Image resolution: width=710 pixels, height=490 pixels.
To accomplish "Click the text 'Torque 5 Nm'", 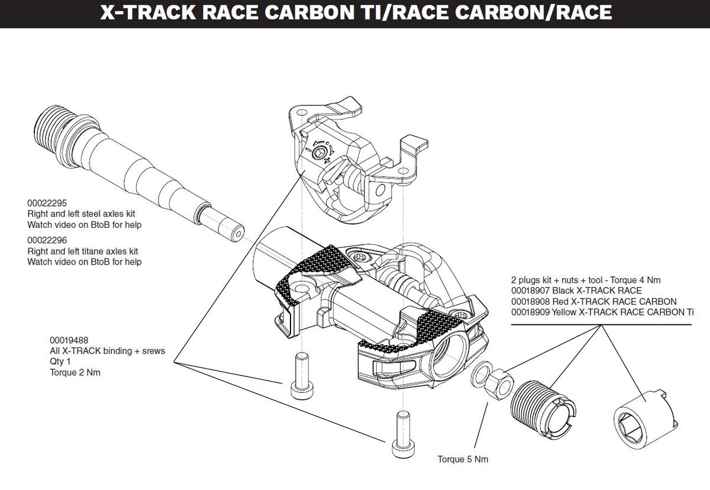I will (x=463, y=459).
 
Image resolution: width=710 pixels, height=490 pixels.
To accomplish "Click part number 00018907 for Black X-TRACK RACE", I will (x=531, y=290).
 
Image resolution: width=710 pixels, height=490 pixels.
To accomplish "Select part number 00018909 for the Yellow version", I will (x=531, y=311).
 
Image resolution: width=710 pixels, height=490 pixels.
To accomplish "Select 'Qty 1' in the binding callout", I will (x=60, y=362).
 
